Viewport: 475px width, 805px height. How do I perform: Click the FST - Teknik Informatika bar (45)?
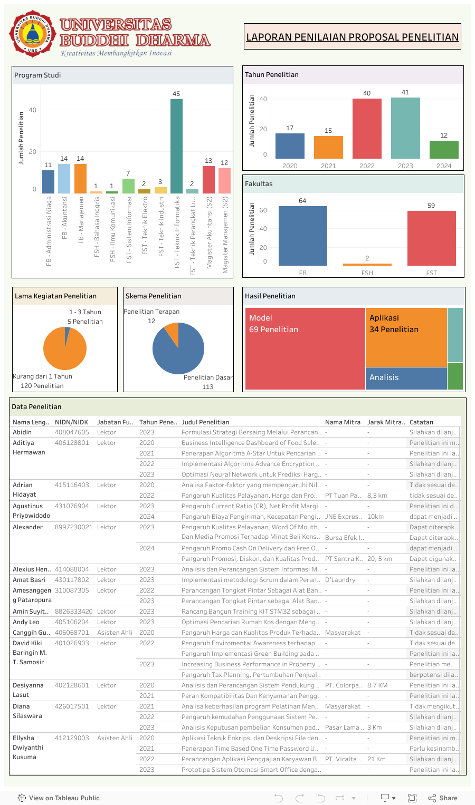pos(176,146)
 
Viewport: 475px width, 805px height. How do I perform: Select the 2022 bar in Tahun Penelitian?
pos(367,129)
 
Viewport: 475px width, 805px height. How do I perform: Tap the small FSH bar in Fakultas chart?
pos(367,264)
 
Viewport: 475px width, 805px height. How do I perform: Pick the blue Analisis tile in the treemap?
pos(406,378)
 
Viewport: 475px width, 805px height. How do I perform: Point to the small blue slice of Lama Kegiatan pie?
pos(67,335)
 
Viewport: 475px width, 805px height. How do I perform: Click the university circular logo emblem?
pos(33,34)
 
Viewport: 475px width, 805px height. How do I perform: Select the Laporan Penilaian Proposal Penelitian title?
pos(353,37)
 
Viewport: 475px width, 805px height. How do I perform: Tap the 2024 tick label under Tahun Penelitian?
pos(444,166)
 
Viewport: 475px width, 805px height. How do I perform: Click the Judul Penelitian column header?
pos(205,422)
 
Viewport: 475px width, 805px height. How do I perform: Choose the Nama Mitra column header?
pos(343,422)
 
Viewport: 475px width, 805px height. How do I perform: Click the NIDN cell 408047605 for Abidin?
pos(72,432)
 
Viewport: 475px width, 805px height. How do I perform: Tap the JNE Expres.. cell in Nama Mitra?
pos(343,517)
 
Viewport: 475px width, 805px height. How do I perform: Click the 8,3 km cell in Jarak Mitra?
pos(377,496)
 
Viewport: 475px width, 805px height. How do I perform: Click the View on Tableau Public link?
pos(59,798)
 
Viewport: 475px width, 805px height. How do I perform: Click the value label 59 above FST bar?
pos(431,206)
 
